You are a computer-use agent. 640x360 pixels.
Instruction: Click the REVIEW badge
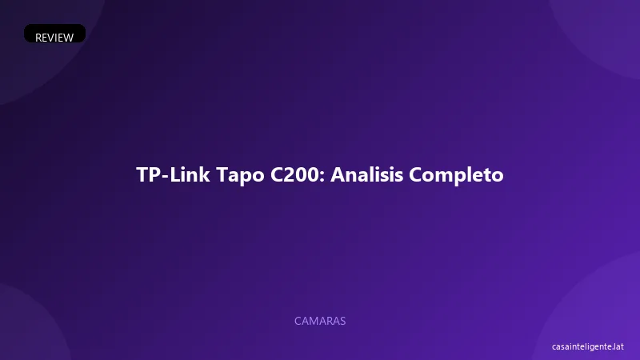[54, 37]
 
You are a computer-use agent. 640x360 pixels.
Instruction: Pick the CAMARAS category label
[320, 321]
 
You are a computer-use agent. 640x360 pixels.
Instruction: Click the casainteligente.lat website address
[587, 346]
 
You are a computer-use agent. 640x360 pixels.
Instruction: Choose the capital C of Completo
[416, 175]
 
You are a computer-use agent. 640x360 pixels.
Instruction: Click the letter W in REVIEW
[68, 37]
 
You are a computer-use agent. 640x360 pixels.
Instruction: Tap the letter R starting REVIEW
[39, 37]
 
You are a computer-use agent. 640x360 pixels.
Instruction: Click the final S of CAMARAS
[342, 321]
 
